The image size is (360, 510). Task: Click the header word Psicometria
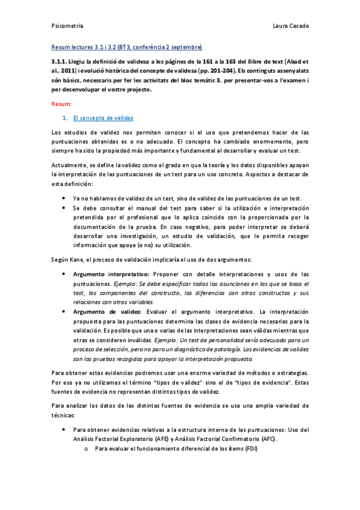(x=67, y=27)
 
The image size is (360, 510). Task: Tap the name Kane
(x=78, y=259)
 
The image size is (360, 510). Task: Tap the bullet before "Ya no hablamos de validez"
(x=64, y=199)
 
